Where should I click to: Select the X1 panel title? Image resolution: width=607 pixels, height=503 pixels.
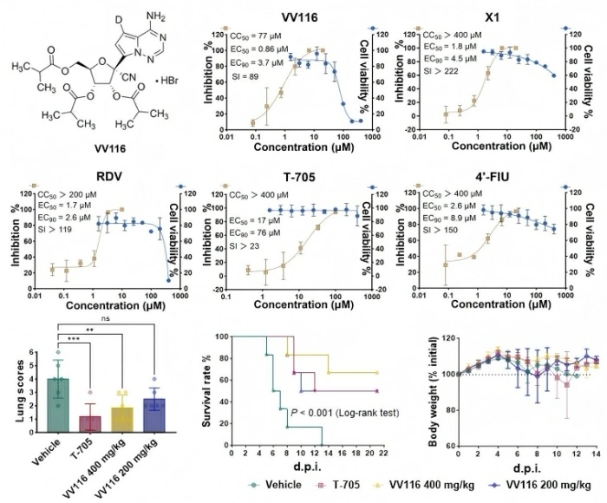(473, 16)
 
